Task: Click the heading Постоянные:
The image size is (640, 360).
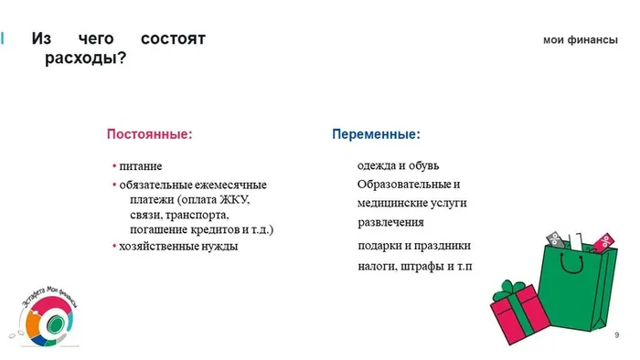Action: click(150, 133)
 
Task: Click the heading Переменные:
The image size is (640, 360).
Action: click(376, 133)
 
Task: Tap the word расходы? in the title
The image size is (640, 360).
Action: click(85, 58)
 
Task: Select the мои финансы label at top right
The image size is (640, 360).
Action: click(581, 40)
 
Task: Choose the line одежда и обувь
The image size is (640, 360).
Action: click(398, 165)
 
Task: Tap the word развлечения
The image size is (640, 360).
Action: click(390, 222)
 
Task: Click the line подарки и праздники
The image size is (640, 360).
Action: click(414, 246)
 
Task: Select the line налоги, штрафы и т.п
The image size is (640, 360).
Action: click(414, 267)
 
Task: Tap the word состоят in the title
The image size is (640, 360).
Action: click(174, 39)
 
